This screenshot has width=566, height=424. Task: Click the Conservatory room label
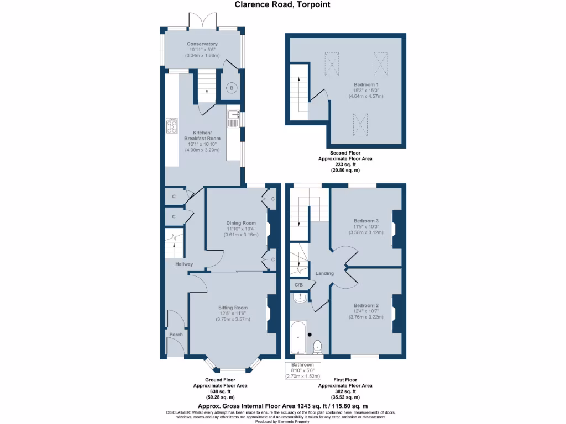[202, 44]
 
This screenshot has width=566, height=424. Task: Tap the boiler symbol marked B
[232, 88]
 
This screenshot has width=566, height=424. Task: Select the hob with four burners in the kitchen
[172, 126]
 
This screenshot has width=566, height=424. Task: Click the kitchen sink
[234, 119]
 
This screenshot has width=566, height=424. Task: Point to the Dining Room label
[241, 223]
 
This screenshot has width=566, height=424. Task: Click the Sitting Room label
[233, 308]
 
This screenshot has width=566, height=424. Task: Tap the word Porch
[176, 335]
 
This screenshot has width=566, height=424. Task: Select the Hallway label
[184, 264]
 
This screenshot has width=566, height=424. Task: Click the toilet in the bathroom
[317, 347]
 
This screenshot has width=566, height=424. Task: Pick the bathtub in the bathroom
[298, 337]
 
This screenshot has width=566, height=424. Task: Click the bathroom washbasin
[300, 298]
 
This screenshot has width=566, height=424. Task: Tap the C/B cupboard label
[299, 285]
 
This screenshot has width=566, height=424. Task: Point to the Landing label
[324, 273]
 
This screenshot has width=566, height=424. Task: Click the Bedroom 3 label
[366, 221]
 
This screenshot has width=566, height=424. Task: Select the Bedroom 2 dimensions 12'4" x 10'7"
[366, 311]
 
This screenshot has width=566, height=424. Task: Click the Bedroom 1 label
[366, 84]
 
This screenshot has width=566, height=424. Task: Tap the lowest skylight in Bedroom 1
[360, 124]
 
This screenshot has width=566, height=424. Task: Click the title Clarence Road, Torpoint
[282, 4]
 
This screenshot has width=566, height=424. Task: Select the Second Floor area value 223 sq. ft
[345, 165]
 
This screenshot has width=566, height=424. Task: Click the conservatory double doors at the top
[202, 20]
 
